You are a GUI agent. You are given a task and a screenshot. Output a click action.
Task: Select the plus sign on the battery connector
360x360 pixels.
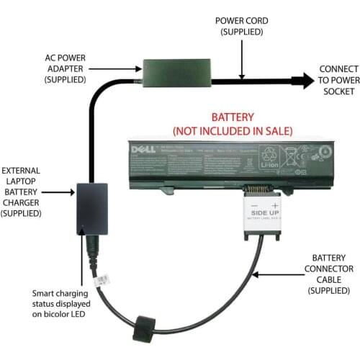coord(274,205)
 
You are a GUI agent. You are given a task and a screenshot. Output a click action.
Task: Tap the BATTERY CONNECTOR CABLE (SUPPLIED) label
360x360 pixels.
coord(331,274)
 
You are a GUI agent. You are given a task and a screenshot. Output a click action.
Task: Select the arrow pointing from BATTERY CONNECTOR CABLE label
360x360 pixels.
coord(281,274)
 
